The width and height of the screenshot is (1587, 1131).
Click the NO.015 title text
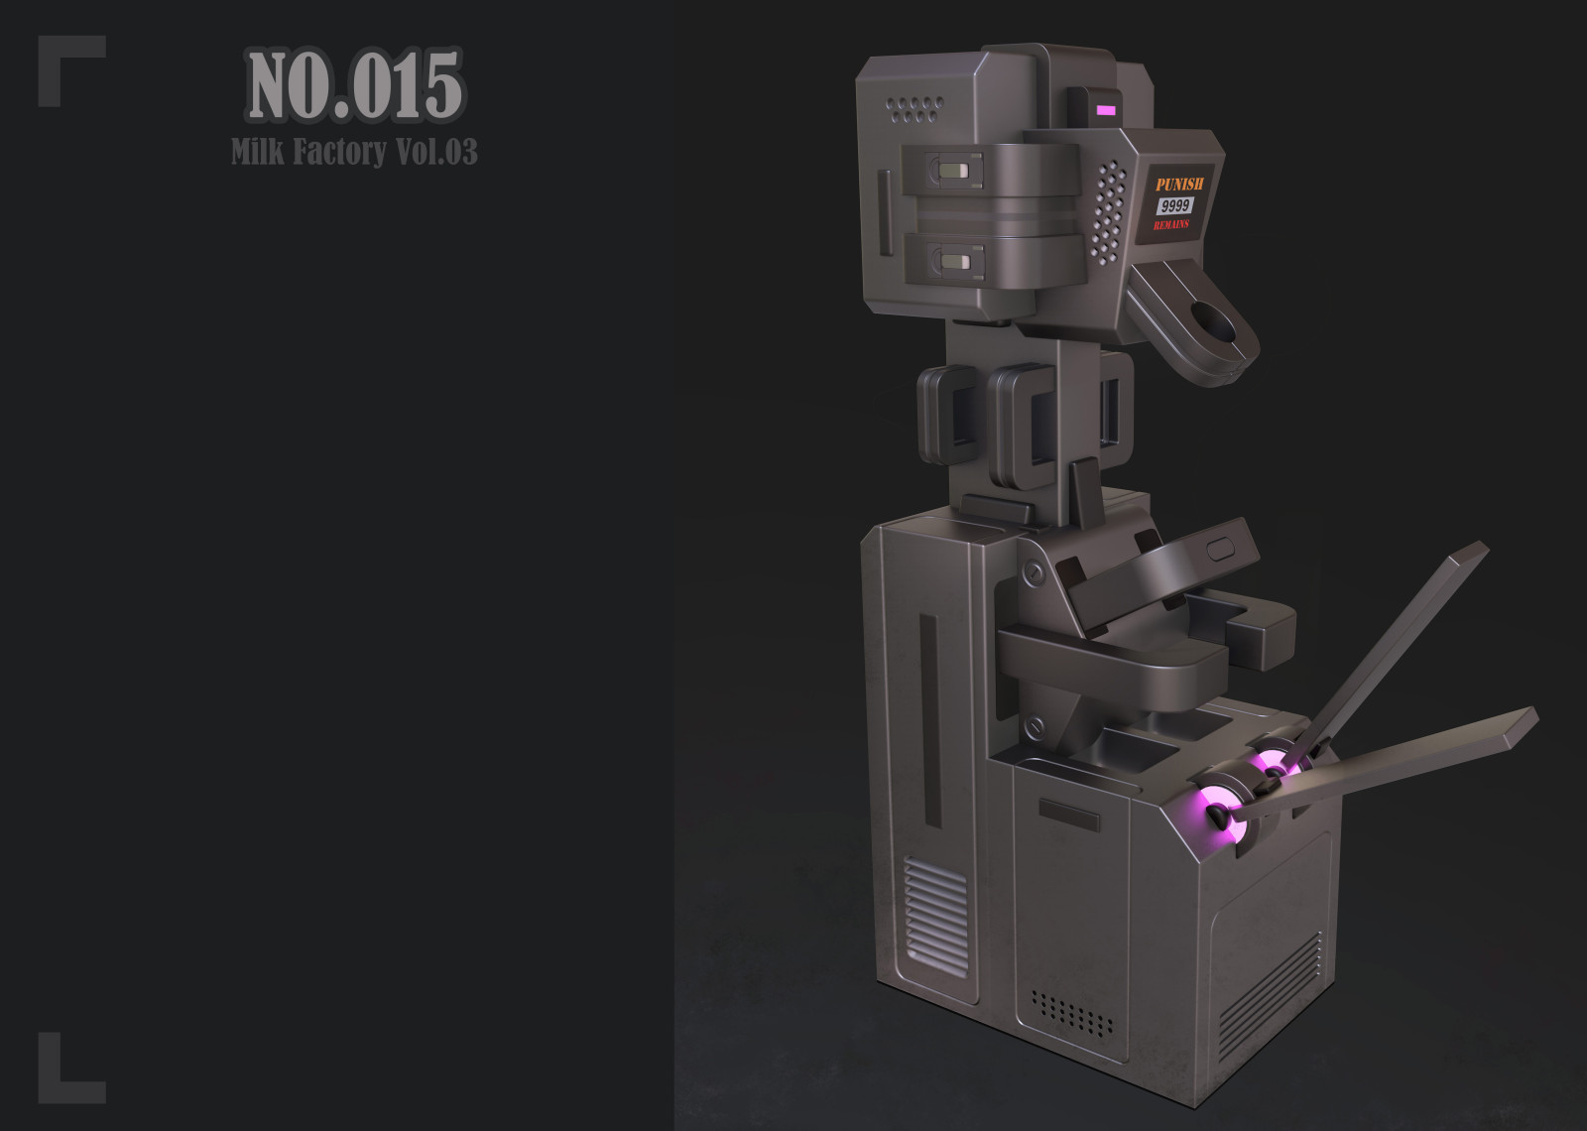click(355, 85)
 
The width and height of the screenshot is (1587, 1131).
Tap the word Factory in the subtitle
click(340, 152)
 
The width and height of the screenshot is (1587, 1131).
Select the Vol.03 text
click(436, 151)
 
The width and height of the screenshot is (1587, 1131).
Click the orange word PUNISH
click(1179, 185)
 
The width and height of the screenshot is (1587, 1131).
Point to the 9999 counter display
click(1175, 205)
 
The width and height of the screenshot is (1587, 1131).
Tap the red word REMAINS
click(1171, 224)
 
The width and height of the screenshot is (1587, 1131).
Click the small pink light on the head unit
click(1106, 110)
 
